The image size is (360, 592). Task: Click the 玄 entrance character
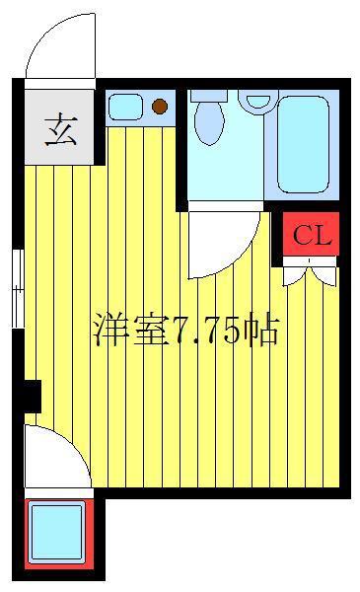click(x=61, y=130)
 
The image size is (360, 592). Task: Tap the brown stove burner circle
click(x=160, y=107)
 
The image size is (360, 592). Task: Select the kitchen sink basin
click(x=125, y=107)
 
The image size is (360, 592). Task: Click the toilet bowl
click(x=209, y=123)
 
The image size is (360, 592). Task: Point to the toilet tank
click(x=209, y=96)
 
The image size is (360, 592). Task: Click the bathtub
click(x=304, y=144)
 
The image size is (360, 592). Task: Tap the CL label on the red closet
click(x=312, y=236)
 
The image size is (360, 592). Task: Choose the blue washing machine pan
click(x=57, y=533)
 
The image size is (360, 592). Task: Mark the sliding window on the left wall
click(x=18, y=289)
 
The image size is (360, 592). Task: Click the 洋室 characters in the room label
click(x=130, y=331)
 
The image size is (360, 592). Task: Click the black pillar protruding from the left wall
click(x=33, y=396)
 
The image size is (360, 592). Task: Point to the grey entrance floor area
click(x=59, y=127)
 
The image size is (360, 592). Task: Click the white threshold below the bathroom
click(x=225, y=206)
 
